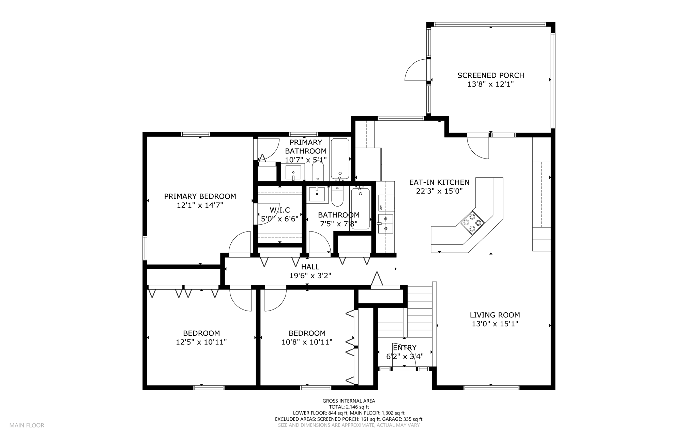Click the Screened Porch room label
(490, 75)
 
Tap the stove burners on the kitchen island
(473, 223)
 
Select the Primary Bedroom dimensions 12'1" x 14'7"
(200, 205)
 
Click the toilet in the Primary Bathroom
(318, 171)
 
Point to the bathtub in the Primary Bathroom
(340, 159)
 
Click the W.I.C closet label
(280, 210)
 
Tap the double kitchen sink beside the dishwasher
(386, 223)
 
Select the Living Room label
(495, 315)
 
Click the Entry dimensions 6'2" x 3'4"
(405, 357)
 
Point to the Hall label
(310, 267)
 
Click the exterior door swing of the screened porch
(416, 70)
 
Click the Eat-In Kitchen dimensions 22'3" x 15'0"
(439, 191)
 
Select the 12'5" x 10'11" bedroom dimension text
(201, 342)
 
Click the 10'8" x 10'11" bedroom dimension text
(307, 342)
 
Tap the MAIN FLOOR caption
(27, 425)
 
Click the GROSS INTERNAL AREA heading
(349, 401)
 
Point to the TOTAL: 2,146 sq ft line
(349, 407)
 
